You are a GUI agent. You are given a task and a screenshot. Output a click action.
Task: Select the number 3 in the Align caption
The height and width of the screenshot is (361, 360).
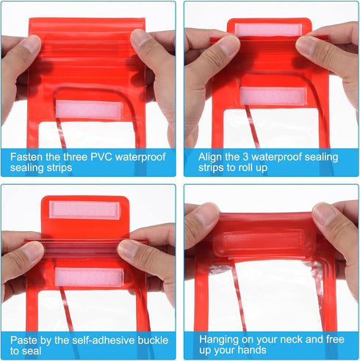tap(245, 157)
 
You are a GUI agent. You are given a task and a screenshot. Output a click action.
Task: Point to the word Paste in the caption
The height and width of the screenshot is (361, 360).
tap(24, 340)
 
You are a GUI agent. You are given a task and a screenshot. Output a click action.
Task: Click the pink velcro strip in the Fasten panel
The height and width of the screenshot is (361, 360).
tap(89, 109)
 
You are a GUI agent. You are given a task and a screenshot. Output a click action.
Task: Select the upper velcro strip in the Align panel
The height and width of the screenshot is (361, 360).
tap(268, 30)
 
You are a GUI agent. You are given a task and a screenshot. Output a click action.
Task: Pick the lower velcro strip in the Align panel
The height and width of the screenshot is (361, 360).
tap(273, 96)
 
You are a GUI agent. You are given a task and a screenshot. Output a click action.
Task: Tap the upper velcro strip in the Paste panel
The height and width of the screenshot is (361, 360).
tap(84, 210)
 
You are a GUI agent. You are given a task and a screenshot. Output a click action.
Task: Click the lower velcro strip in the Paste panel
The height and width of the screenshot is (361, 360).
tap(89, 277)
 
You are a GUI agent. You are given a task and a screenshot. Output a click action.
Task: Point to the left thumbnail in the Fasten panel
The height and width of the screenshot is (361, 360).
tap(32, 44)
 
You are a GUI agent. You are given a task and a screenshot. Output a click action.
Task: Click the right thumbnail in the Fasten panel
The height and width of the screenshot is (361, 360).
tap(140, 38)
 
